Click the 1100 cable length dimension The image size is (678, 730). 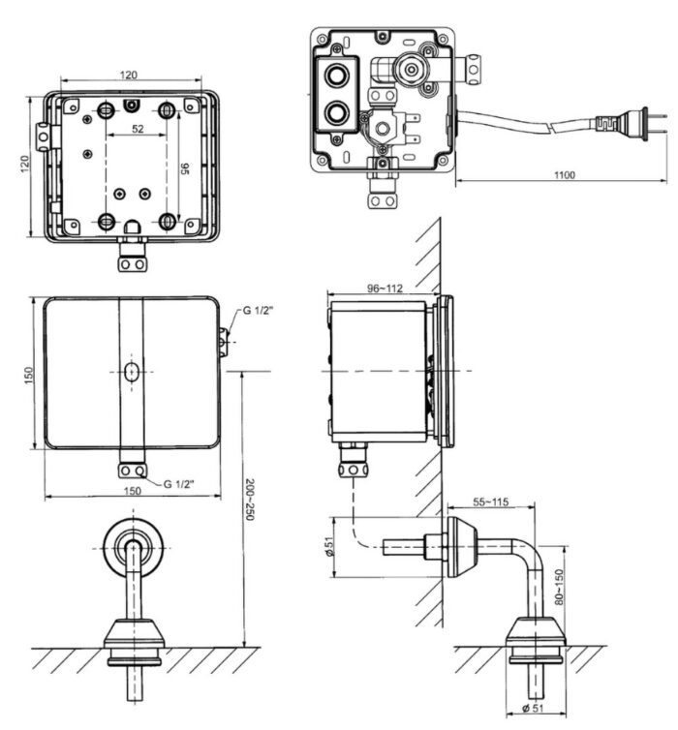pos(565,174)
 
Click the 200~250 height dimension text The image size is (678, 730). pos(249,501)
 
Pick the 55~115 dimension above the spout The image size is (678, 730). pos(492,502)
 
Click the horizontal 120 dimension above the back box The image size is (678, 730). pos(129,75)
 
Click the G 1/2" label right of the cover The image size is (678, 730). pos(255,311)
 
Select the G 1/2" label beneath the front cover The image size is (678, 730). pos(181,481)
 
